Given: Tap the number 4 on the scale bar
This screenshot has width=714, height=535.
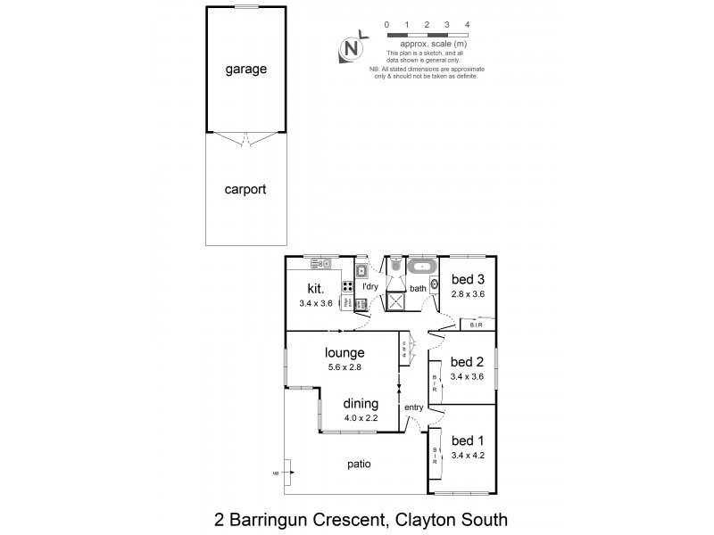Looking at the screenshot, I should [468, 24].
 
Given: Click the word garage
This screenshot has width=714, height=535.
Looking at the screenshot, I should [246, 69].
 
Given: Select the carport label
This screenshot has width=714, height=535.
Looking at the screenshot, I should [246, 189].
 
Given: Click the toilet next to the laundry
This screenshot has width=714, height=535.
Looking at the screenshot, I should [394, 266].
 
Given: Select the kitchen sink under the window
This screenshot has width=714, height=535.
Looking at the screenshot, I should [322, 263].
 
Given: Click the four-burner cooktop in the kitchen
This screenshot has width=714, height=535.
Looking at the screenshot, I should [346, 287].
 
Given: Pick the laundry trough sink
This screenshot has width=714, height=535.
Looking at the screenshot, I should [362, 271].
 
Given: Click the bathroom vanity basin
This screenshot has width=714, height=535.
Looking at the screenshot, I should [434, 284].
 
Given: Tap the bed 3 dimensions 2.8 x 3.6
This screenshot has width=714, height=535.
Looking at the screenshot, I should [468, 292].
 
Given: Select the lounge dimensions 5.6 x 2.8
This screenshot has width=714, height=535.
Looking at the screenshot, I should [343, 366].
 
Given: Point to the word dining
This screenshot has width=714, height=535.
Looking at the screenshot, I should [361, 403].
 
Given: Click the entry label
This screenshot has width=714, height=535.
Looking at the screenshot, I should [414, 408].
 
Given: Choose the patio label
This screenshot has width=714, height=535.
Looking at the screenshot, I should [361, 464].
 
